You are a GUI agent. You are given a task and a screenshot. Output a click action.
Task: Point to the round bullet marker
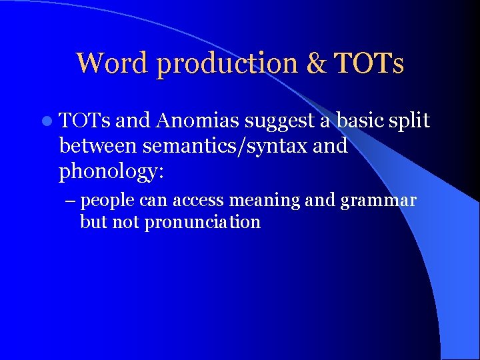pyautogui.click(x=46, y=121)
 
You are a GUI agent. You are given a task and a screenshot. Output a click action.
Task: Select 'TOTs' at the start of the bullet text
pyautogui.click(x=86, y=121)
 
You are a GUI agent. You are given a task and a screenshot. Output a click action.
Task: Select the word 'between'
pyautogui.click(x=98, y=145)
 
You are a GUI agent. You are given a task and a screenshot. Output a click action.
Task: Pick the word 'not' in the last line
pyautogui.click(x=125, y=222)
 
